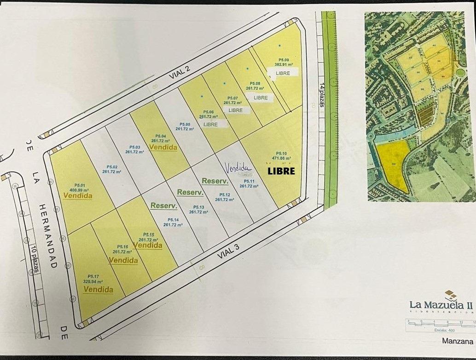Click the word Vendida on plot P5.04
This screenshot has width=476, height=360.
(163, 148)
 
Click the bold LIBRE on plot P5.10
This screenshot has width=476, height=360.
(281, 170)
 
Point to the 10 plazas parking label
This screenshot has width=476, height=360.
(35, 260)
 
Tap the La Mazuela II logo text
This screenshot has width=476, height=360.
(441, 304)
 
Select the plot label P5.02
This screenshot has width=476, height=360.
(112, 167)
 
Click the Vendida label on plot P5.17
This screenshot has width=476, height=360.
(99, 290)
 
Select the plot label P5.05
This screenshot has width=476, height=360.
(185, 125)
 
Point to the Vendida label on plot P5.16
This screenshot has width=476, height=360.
(123, 261)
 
